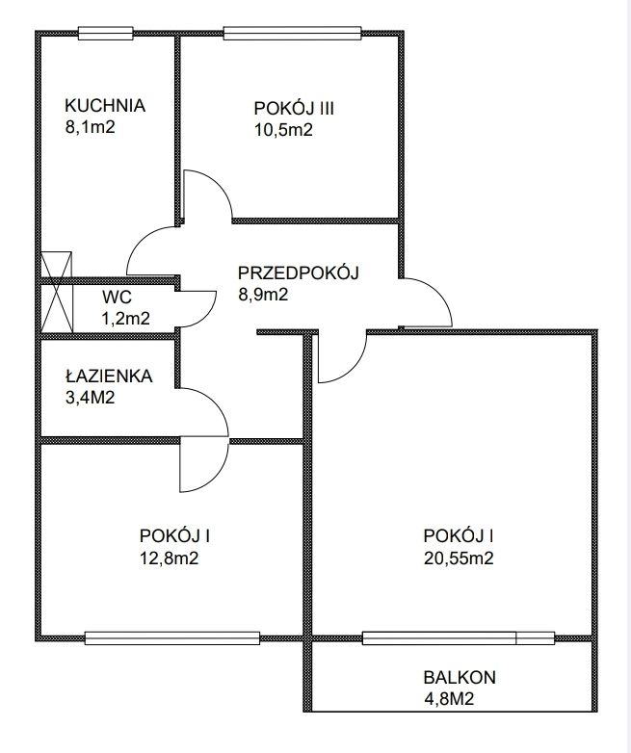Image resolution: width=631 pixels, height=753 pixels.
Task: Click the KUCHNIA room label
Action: point(105,106)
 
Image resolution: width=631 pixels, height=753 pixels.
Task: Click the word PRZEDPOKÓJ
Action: point(299,273)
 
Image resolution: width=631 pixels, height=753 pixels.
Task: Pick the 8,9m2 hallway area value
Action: point(264,296)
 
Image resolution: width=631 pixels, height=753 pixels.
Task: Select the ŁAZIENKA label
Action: point(108,376)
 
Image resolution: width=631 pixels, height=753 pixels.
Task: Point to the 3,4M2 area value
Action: point(91,397)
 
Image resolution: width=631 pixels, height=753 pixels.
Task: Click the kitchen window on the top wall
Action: point(105,33)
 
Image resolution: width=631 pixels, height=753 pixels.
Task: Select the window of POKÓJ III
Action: point(293,33)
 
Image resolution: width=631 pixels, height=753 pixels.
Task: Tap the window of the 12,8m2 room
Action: point(172,636)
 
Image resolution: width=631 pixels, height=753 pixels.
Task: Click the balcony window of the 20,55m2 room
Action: point(459,636)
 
